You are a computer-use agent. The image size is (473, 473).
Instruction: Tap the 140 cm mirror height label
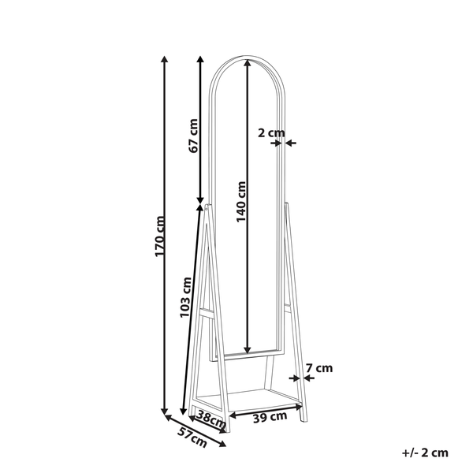point(242,201)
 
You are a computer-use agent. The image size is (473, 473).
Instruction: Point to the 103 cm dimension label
point(187,296)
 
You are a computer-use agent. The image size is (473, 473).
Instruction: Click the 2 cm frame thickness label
point(270,133)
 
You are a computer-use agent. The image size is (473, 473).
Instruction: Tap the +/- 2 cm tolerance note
point(425,452)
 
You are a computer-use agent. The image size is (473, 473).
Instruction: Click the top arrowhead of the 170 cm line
point(165,59)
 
